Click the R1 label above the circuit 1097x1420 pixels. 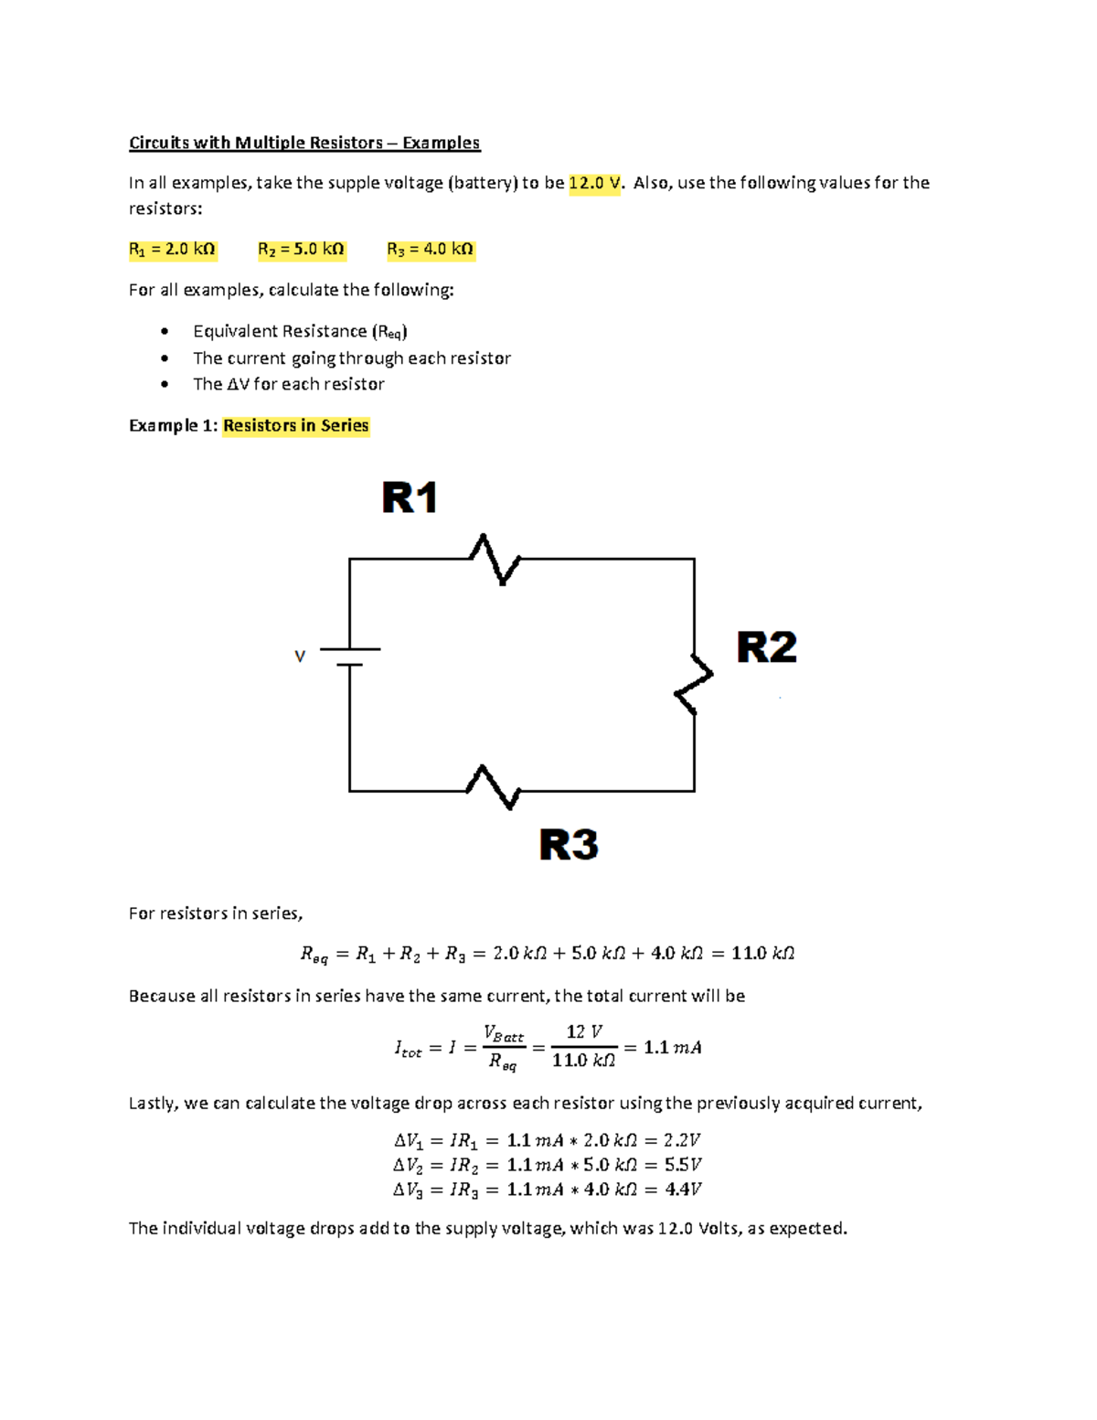410,498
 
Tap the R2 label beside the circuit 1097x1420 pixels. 766,647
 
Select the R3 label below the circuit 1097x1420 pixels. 569,844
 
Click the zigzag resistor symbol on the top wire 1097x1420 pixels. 495,559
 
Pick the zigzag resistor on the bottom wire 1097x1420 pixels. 494,787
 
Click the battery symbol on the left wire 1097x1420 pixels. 350,657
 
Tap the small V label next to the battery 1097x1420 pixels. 299,657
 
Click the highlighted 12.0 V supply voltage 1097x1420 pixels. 594,183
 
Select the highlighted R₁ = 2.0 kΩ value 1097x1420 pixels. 172,250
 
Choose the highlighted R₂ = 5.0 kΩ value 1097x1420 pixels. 301,250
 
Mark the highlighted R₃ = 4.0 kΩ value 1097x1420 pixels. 430,250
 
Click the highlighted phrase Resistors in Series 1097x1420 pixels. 295,425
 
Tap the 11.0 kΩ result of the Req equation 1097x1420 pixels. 762,954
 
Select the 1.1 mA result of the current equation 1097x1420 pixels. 672,1048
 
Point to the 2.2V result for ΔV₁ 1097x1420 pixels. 682,1140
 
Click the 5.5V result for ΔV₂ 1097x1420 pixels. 683,1165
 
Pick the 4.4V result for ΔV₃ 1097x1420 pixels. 683,1190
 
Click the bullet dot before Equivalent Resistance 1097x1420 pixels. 165,331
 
